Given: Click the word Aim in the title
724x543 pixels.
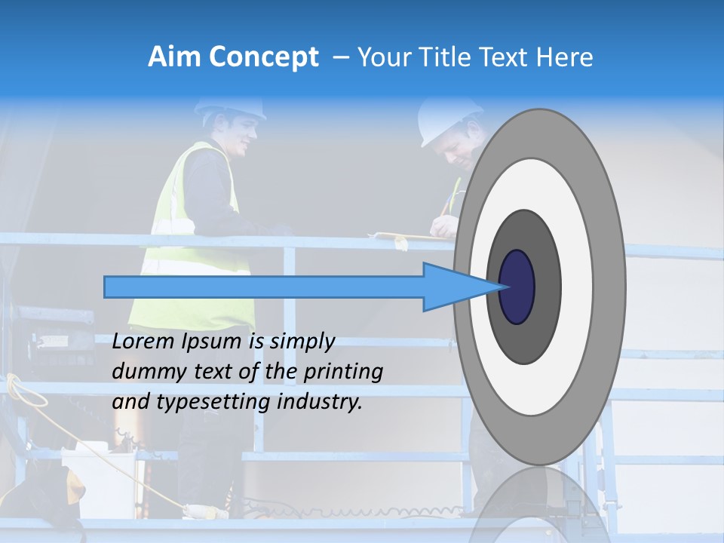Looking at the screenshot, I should coord(174,57).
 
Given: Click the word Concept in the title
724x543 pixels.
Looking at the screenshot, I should coord(263,57).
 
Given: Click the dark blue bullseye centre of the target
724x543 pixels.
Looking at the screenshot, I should coord(517,287).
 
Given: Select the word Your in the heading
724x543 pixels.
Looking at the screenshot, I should coord(382,57).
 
